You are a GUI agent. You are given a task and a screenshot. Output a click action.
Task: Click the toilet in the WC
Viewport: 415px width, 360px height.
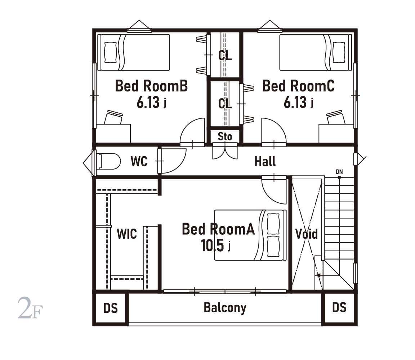coord(108,161)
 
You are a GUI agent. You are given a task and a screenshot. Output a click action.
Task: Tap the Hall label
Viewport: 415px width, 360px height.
coord(265,161)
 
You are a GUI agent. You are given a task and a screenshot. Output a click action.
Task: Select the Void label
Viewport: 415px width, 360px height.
coord(307,234)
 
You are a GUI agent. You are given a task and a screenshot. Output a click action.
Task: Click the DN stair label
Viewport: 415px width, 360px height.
coord(339,172)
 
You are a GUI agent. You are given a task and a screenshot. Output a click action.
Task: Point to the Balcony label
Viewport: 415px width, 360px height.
coord(225,308)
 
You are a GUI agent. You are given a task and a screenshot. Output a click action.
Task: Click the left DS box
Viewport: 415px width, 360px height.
coord(111,308)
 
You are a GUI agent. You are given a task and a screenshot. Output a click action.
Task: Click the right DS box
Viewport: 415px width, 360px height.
coord(339,308)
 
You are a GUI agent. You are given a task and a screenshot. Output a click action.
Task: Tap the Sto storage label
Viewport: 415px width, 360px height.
coord(225,136)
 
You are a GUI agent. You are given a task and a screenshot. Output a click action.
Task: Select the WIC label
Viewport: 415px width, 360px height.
coord(127,234)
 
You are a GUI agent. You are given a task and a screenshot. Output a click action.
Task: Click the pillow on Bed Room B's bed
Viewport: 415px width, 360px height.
coord(111,52)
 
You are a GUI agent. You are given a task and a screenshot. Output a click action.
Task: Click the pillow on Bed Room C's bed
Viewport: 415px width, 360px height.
coord(339,52)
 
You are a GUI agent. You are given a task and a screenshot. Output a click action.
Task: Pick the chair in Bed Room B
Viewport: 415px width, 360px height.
coord(114,117)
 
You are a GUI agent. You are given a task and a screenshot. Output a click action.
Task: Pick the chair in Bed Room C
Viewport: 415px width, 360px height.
coord(336,117)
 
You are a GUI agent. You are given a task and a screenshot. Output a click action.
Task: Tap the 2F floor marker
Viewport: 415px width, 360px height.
coord(30,308)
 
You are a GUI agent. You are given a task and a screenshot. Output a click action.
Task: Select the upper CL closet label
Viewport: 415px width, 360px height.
coord(225,55)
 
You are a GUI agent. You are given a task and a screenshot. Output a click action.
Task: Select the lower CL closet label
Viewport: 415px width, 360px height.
coord(225,103)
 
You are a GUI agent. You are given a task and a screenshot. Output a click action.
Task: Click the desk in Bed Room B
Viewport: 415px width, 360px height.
coord(113,134)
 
